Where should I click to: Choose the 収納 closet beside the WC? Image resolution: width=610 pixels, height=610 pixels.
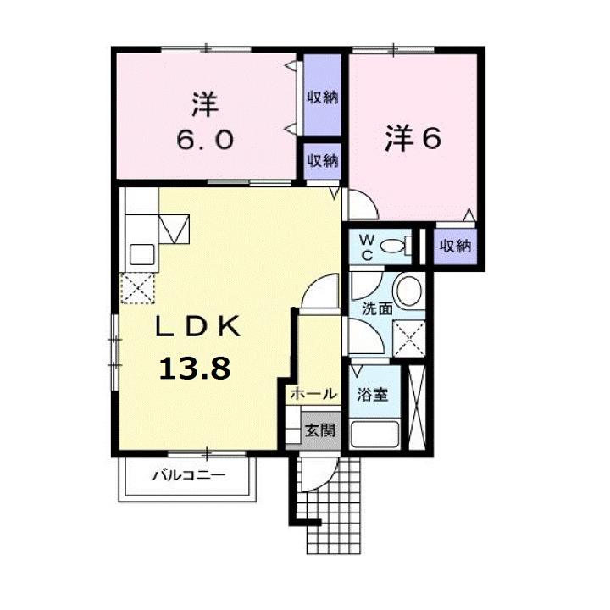click(x=454, y=247)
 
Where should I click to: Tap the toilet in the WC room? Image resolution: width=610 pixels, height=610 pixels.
click(x=394, y=246)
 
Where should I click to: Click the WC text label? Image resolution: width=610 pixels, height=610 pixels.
click(x=365, y=247)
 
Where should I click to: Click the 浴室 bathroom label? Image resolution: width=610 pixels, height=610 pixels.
click(x=373, y=394)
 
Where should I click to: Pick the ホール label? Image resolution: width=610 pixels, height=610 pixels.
click(x=313, y=394)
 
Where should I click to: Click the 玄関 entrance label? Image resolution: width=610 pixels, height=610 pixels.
click(x=319, y=430)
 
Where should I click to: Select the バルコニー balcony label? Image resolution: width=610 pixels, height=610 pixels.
click(x=188, y=475)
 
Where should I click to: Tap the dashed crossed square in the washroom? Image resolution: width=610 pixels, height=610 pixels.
click(x=408, y=341)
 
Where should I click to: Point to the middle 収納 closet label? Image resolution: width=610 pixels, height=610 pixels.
click(x=322, y=159)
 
